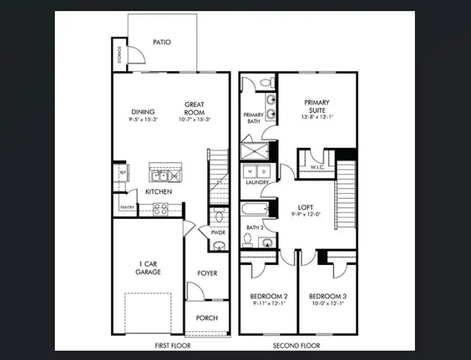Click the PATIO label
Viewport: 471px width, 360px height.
pyautogui.click(x=162, y=42)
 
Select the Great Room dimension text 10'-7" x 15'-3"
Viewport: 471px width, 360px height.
pyautogui.click(x=194, y=120)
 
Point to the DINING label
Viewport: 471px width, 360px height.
pyautogui.click(x=143, y=112)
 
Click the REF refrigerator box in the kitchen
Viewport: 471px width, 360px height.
pyautogui.click(x=123, y=173)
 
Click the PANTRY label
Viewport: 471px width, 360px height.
pyautogui.click(x=127, y=207)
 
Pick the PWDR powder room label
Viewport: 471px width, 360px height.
pyautogui.click(x=218, y=232)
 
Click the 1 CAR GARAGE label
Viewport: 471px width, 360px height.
pyautogui.click(x=148, y=267)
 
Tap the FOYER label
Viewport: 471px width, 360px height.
pyautogui.click(x=207, y=272)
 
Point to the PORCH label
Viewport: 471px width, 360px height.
pyautogui.click(x=207, y=318)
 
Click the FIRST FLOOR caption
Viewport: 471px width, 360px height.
pyautogui.click(x=172, y=346)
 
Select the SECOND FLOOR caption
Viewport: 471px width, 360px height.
pyautogui.click(x=296, y=346)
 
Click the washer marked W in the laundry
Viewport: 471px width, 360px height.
pyautogui.click(x=250, y=172)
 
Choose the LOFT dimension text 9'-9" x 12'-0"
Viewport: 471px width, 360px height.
pyautogui.click(x=306, y=214)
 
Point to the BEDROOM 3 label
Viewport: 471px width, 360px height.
pyautogui.click(x=327, y=296)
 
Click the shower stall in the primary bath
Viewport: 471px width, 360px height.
pyautogui.click(x=256, y=151)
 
